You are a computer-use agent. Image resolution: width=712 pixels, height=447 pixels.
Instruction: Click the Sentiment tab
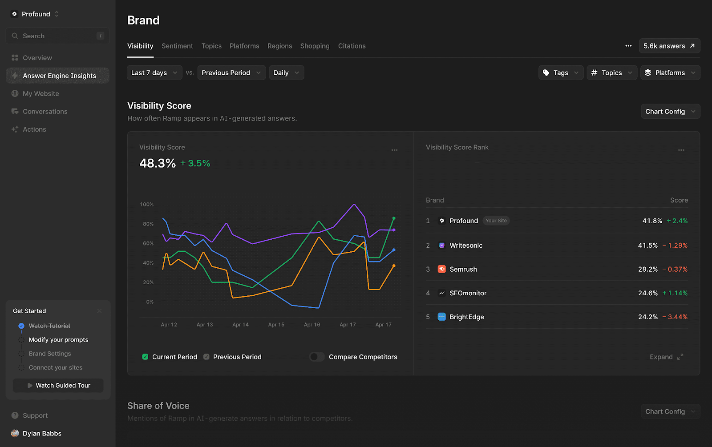point(177,46)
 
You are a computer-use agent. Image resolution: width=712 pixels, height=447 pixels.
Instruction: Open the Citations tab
point(352,46)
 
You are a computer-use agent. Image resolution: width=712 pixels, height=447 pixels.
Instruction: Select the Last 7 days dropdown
point(154,72)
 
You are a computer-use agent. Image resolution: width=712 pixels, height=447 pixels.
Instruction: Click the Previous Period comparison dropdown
point(231,72)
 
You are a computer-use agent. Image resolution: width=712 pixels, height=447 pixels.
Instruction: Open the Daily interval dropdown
point(286,72)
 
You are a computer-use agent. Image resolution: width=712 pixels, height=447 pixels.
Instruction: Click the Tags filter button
point(560,72)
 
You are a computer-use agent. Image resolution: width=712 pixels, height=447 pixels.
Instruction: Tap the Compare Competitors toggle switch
point(317,357)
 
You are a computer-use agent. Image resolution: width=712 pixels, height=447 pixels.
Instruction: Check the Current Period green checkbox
point(145,357)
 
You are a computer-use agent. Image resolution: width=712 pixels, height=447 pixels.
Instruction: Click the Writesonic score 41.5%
point(647,245)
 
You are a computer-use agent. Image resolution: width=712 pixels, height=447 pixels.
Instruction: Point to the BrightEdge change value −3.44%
point(675,317)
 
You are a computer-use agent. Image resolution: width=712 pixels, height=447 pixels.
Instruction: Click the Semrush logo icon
point(441,269)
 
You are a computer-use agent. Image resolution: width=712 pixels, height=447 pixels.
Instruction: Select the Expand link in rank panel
point(666,357)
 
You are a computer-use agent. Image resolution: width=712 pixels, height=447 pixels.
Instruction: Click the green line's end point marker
point(394,218)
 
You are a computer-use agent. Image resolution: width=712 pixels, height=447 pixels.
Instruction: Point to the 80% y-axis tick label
point(148,224)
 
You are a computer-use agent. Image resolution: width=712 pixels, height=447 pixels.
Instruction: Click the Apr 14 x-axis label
point(240,325)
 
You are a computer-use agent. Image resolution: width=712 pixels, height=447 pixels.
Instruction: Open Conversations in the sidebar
point(45,111)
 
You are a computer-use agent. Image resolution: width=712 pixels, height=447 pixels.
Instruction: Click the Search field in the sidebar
point(57,36)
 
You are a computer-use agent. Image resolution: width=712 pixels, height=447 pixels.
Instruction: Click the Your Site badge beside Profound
point(496,221)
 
